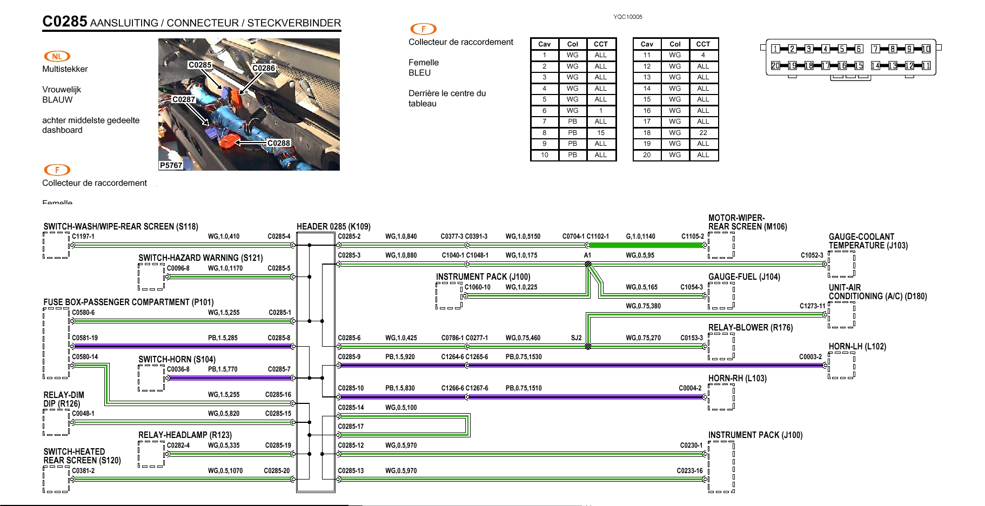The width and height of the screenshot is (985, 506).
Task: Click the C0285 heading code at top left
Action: (65, 22)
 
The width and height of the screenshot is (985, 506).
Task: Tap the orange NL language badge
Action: (57, 56)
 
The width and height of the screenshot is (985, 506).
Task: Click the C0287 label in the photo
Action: (184, 99)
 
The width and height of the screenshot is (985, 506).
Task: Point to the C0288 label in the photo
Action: (279, 143)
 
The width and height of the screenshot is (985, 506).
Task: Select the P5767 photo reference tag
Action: (171, 165)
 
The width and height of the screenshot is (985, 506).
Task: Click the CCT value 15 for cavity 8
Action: (600, 133)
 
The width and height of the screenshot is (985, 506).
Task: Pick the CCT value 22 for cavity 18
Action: (702, 133)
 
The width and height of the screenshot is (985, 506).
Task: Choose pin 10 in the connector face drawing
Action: (926, 49)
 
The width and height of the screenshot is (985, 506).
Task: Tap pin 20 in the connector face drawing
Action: (775, 66)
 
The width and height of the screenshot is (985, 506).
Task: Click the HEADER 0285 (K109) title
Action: (333, 227)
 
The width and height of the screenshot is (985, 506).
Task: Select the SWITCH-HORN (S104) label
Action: (177, 360)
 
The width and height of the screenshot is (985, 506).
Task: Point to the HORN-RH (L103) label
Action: (737, 379)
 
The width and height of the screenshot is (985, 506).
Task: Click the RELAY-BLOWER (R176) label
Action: (750, 328)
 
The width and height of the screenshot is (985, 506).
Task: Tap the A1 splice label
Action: (587, 255)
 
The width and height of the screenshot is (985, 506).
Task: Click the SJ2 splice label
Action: (576, 338)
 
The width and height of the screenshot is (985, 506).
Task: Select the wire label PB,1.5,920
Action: (400, 357)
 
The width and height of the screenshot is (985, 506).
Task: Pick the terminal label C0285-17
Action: (351, 427)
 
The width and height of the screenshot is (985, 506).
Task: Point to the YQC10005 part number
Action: (627, 17)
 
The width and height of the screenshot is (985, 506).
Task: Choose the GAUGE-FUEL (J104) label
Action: (744, 277)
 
